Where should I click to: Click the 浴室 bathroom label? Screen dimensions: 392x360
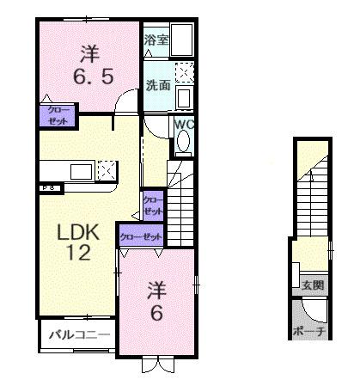pos(156,40)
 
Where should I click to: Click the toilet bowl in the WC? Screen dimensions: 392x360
pos(182,144)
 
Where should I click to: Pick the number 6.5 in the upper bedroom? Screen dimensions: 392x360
pos(88,77)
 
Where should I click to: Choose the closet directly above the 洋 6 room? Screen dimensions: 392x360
pos(140,237)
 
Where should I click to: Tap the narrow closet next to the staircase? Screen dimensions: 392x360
pos(153,205)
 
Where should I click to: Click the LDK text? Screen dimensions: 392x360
pos(79,232)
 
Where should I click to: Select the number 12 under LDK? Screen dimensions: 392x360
pos(80,254)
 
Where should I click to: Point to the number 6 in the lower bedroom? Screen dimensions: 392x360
pos(156,313)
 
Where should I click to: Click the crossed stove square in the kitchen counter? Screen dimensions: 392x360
pos(107,169)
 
